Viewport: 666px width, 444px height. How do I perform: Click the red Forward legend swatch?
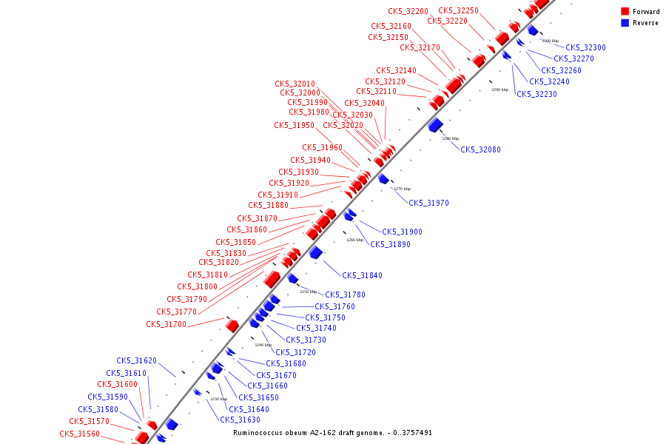(x=625, y=12)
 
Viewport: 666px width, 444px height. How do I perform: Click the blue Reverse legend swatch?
(x=625, y=23)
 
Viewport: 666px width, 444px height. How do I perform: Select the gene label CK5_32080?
(x=480, y=149)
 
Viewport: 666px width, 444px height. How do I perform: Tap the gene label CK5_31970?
(x=428, y=203)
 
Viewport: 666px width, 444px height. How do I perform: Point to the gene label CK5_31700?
(x=166, y=324)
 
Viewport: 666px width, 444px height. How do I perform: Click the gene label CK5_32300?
(x=585, y=47)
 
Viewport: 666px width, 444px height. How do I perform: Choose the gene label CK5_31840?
(x=362, y=275)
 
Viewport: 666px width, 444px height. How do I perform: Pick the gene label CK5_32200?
(x=408, y=11)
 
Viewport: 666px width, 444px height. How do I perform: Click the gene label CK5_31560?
(x=79, y=434)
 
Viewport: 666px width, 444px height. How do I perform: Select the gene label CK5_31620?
(x=136, y=361)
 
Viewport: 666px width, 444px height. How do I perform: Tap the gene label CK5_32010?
(x=295, y=84)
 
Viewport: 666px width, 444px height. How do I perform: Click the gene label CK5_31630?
(x=240, y=420)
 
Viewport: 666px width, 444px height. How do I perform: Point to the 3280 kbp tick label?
(x=450, y=138)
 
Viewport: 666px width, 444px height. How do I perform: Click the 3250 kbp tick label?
(x=308, y=292)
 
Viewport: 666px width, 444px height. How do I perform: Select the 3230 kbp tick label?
(x=218, y=399)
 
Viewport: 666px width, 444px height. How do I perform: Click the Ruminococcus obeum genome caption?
(x=332, y=432)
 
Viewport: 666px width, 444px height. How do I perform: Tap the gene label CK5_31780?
(x=345, y=295)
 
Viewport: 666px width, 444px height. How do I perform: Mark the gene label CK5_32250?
(x=458, y=10)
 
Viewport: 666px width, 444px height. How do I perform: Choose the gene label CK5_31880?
(x=268, y=205)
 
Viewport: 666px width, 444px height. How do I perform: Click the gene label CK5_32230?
(x=536, y=94)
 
